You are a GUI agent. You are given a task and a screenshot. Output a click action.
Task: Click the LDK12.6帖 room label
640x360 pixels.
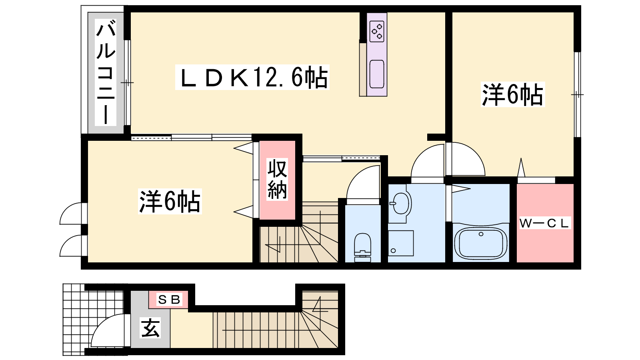[252, 77]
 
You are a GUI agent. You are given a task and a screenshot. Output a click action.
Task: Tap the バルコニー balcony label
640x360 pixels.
[106, 72]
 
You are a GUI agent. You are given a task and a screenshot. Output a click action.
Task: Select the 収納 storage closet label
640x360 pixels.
[277, 180]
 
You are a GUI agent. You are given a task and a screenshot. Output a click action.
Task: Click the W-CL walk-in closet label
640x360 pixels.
[544, 223]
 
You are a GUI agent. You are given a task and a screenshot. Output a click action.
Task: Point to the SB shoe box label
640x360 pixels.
[169, 300]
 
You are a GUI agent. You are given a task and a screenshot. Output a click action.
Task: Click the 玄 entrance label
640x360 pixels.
[150, 328]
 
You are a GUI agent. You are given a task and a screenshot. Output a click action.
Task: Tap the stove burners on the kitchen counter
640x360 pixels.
[377, 31]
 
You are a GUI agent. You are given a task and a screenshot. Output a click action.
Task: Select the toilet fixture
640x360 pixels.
[362, 248]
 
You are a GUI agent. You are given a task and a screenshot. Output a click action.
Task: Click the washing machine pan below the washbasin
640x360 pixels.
[400, 243]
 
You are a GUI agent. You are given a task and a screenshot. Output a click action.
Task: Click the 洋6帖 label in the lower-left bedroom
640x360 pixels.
[170, 202]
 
